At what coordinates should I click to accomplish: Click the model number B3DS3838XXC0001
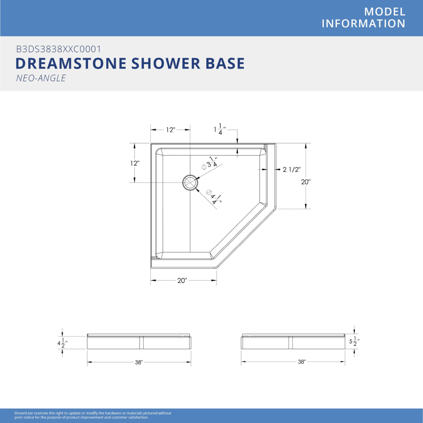click(x=59, y=49)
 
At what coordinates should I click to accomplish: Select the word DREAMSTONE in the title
click(x=71, y=63)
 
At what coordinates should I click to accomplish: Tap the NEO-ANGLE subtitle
click(x=41, y=78)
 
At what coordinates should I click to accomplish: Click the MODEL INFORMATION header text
click(x=363, y=17)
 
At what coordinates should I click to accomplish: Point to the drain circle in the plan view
click(x=190, y=183)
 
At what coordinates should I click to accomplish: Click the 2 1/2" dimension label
click(x=291, y=169)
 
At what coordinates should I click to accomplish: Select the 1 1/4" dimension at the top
click(x=220, y=129)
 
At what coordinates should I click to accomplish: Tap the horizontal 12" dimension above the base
click(x=171, y=130)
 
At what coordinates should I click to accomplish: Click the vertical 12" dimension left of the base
click(x=134, y=163)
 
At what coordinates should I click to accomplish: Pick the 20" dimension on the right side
click(x=305, y=182)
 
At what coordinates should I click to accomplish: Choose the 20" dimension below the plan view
click(x=182, y=281)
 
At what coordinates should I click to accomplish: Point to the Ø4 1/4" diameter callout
click(x=214, y=197)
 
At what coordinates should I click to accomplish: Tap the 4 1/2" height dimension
click(x=63, y=343)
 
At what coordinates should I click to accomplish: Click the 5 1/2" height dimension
click(x=354, y=342)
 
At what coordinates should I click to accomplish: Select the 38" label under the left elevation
click(x=139, y=362)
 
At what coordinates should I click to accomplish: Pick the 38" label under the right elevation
click(x=302, y=362)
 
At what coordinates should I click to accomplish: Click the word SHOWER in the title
click(x=166, y=63)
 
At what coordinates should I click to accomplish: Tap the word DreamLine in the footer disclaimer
click(x=24, y=413)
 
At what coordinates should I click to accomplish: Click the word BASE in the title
click(x=225, y=63)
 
